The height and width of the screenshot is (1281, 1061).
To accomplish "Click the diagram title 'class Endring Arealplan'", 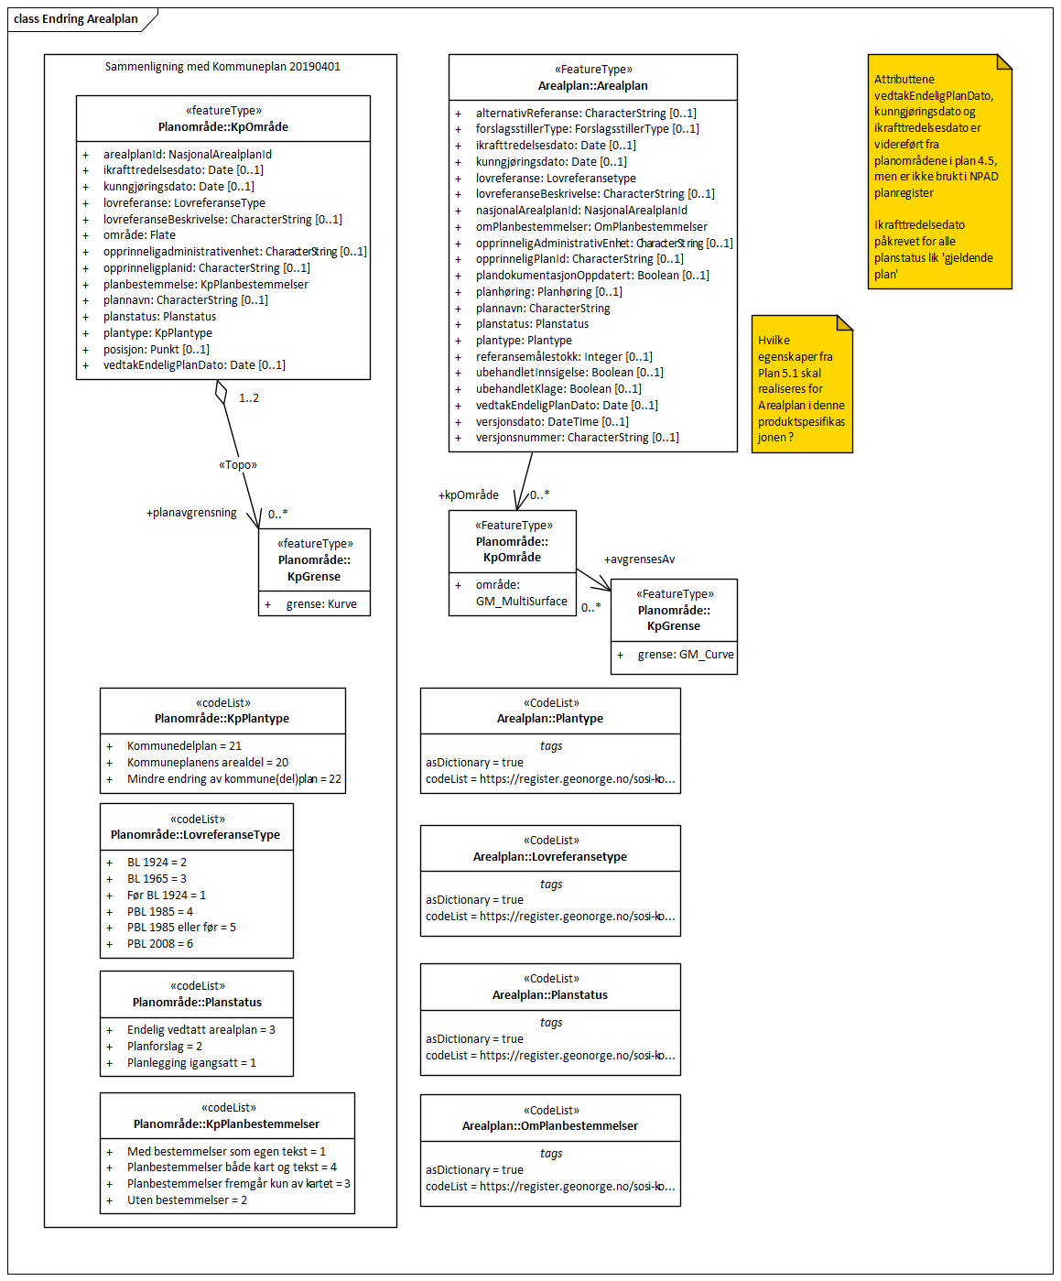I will tap(76, 19).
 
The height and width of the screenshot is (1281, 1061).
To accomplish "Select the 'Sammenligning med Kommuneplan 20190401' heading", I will tap(222, 67).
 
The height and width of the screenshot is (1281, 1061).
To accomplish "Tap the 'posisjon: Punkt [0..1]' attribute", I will tap(156, 349).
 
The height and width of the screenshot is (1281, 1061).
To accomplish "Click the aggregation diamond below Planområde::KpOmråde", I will tap(221, 392).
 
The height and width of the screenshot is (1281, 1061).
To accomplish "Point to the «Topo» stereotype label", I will tap(238, 465).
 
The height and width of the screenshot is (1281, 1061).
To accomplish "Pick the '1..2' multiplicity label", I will tap(249, 398).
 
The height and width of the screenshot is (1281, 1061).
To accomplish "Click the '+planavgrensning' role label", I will tap(191, 513).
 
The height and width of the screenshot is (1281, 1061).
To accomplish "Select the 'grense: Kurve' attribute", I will tap(321, 604).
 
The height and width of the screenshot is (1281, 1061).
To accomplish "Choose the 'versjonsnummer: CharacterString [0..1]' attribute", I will tap(577, 438).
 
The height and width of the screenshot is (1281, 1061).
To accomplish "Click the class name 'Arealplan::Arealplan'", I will tap(592, 86).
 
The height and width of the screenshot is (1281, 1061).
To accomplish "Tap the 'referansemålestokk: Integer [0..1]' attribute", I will tap(564, 357).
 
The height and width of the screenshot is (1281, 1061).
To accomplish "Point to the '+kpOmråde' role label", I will tap(469, 495).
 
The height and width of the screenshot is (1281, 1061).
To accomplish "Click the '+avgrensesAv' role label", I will tap(639, 559).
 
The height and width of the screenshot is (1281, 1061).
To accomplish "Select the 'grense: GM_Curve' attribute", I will tap(686, 655).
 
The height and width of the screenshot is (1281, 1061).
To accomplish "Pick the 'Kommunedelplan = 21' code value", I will tap(184, 746).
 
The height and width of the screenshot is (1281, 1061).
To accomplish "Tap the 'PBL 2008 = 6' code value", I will tap(160, 944).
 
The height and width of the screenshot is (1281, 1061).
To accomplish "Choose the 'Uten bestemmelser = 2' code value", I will tap(187, 1200).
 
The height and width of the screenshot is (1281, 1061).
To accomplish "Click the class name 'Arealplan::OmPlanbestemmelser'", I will tap(550, 1126).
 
